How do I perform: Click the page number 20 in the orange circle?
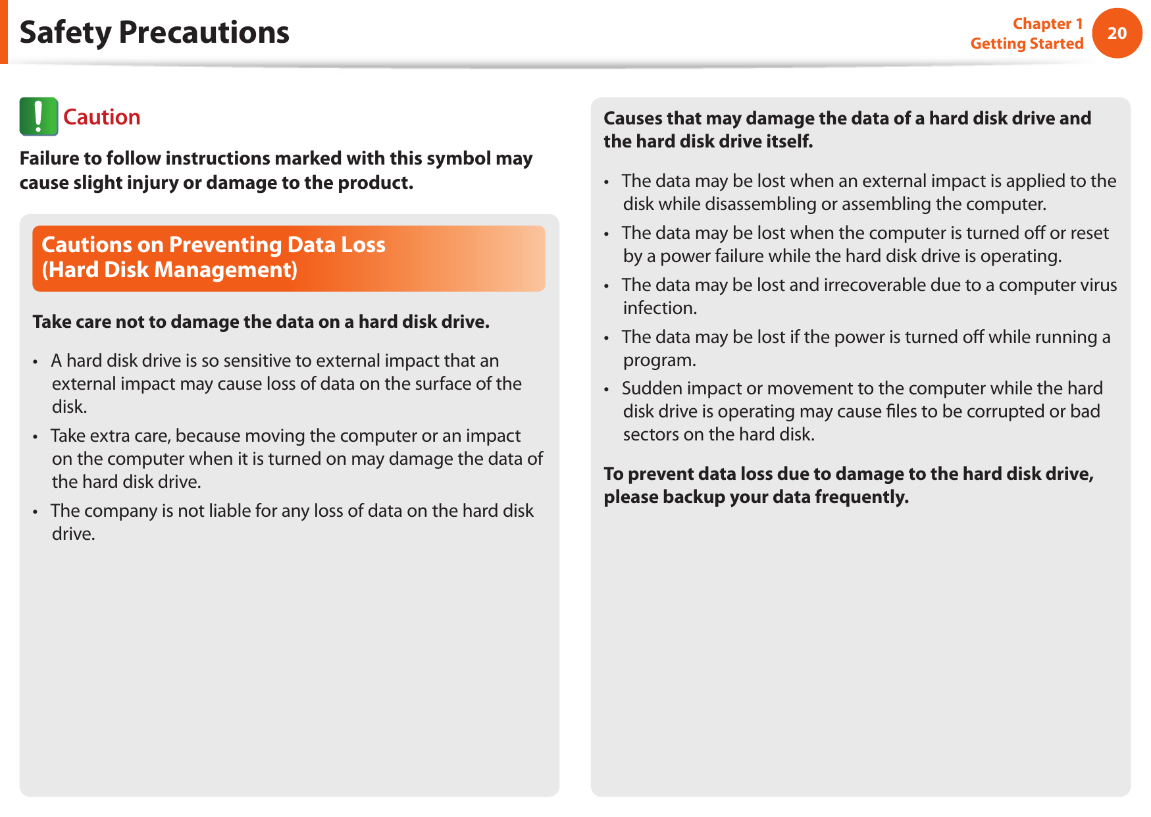pos(1117,33)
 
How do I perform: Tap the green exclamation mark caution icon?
pos(39,117)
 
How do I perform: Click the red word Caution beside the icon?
pos(102,117)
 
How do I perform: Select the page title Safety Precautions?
pos(155,32)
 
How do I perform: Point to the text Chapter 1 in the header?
pos(1048,24)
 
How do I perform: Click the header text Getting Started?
pos(1027,43)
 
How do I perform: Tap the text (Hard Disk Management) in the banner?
pos(170,270)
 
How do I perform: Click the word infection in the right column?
pos(659,308)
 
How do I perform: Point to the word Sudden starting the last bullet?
pos(649,388)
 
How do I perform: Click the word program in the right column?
pos(659,360)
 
